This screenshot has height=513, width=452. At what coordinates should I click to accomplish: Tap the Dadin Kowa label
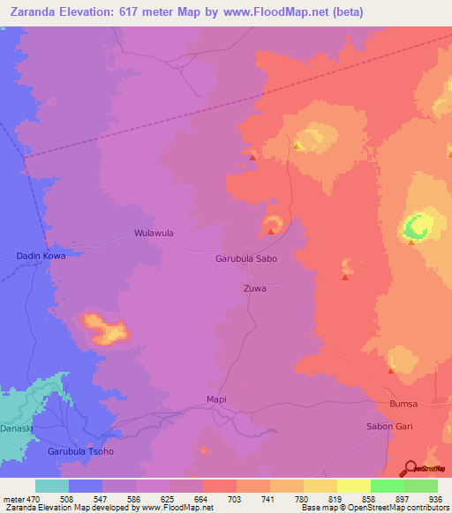click(x=41, y=256)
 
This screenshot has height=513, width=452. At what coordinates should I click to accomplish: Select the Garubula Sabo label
click(x=246, y=259)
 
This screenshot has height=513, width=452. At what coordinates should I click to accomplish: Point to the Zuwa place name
click(x=254, y=288)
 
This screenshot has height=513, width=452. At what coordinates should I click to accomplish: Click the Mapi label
click(x=216, y=399)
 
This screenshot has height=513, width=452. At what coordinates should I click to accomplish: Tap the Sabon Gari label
click(x=389, y=427)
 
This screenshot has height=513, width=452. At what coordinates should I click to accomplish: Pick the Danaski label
click(x=15, y=427)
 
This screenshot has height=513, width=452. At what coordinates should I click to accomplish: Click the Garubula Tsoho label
click(x=80, y=451)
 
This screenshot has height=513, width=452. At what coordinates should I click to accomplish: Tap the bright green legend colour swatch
click(x=388, y=486)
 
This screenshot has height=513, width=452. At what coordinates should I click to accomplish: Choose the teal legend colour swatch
click(x=52, y=486)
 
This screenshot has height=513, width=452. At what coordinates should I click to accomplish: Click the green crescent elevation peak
click(x=415, y=227)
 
